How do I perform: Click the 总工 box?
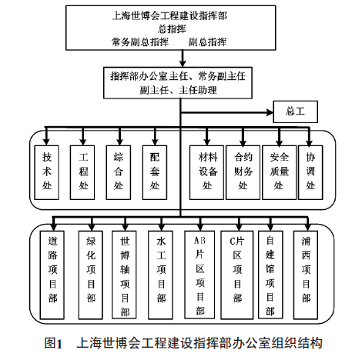click(x=295, y=112)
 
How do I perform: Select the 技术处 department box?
click(x=47, y=172)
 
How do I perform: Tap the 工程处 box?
click(x=82, y=172)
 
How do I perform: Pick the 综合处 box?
click(x=119, y=172)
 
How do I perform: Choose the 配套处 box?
click(x=155, y=172)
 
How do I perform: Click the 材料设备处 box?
click(x=206, y=172)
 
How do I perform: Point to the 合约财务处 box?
click(x=243, y=172)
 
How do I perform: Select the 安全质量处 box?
click(x=279, y=172)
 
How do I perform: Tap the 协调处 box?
click(x=310, y=172)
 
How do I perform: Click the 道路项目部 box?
click(x=52, y=275)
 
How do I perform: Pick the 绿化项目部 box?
click(x=91, y=275)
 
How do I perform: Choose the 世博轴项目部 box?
click(x=124, y=275)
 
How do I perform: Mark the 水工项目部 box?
click(x=160, y=275)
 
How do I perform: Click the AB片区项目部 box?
click(x=199, y=275)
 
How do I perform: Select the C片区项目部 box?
click(x=237, y=275)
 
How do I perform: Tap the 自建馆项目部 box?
click(x=270, y=275)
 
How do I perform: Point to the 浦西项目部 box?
click(x=306, y=275)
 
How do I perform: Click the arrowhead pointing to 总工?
click(x=270, y=112)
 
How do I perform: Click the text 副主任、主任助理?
click(x=178, y=90)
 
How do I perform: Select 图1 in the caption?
click(x=53, y=343)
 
